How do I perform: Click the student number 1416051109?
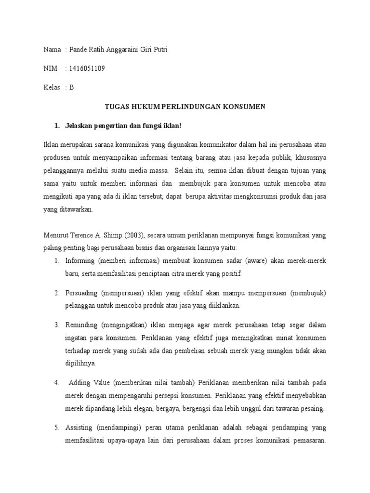(87, 68)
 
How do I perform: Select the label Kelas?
(52, 87)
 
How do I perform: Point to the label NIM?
(50, 68)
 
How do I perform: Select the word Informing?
(81, 260)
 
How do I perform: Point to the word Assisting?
(79, 427)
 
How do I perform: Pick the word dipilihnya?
(80, 363)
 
